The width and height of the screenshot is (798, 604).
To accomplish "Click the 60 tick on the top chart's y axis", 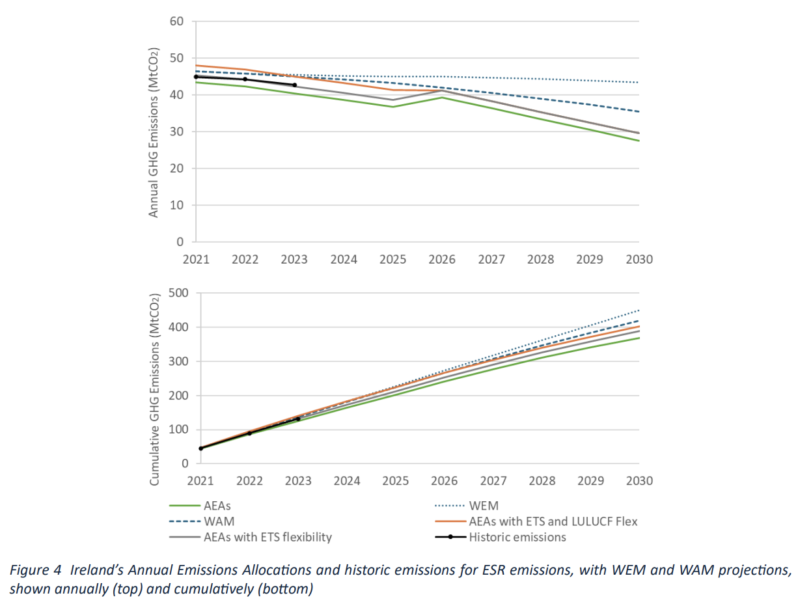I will coord(177,21).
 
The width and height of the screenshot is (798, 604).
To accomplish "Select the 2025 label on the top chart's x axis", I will coord(392,259).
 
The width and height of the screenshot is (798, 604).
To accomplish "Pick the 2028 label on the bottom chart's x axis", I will coord(542,481).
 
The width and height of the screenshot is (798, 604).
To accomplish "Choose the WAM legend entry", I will coord(219,521).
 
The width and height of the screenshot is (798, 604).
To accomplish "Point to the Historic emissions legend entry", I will coord(517,538).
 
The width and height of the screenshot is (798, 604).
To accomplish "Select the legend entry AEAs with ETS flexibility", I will coord(268,538).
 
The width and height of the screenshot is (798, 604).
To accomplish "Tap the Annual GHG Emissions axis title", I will coord(154,132).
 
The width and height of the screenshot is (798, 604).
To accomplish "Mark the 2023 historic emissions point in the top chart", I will coord(295,85).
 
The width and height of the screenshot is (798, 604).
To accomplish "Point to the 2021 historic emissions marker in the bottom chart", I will coord(201,448).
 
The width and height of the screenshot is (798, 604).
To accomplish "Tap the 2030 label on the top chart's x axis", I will coord(639,259).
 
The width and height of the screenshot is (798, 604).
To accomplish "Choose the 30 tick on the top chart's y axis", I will coord(177,131).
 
